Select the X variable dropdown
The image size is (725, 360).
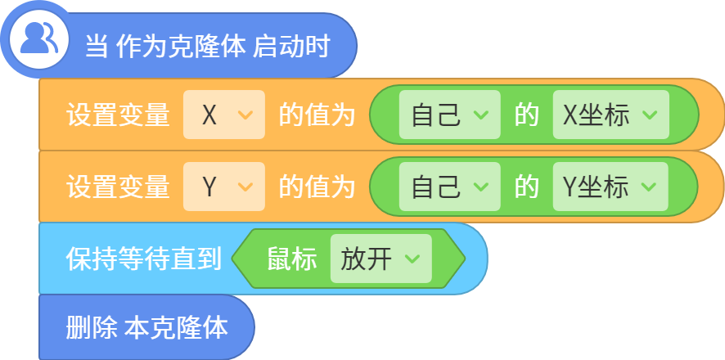pos(224,115)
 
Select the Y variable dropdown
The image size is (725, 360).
pos(224,187)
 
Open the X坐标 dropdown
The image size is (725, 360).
pos(610,115)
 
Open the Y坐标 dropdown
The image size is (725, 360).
pos(610,187)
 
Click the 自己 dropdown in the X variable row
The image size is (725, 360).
pos(450,115)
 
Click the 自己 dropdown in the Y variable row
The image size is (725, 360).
pos(450,187)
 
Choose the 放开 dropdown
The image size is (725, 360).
pos(381,259)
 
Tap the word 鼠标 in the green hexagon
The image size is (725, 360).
pos(292,259)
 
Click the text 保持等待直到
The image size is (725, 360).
pos(143,259)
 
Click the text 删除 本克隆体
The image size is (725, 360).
pos(146,328)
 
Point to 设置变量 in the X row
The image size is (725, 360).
pos(118,115)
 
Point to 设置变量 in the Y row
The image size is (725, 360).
pos(118,187)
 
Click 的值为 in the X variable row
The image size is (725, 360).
pos(317,115)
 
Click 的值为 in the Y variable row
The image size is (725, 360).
pos(317,187)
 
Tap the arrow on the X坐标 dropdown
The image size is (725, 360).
pos(650,115)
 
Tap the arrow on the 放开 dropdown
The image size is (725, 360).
pos(412,259)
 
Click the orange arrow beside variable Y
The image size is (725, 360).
pos(245,187)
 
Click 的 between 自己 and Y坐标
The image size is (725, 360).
pos(527,187)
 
